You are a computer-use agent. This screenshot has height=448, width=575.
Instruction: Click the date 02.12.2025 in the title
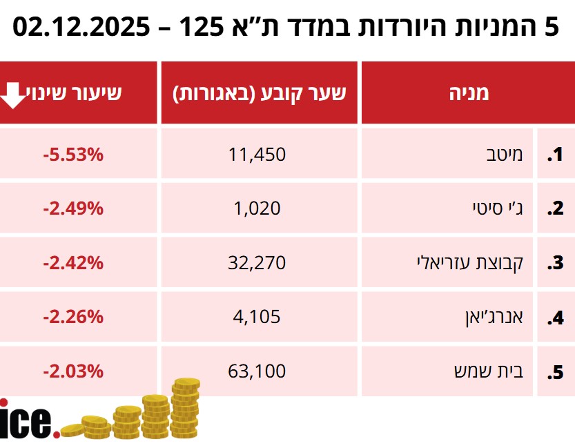[81, 28]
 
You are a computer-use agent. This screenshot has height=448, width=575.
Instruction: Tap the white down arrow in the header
[12, 95]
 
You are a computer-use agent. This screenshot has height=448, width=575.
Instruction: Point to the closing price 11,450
[257, 155]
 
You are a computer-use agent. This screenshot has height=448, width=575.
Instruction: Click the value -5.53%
[72, 155]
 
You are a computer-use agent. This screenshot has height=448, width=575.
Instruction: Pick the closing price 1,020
[257, 208]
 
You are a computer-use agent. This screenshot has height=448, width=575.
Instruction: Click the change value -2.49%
[72, 208]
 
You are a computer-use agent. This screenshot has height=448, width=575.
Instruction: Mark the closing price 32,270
[257, 263]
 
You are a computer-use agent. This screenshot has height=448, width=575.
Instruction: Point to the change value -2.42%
[72, 263]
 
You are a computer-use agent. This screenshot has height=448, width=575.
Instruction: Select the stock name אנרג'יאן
[491, 318]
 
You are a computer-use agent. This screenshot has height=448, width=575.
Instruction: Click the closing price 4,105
[257, 318]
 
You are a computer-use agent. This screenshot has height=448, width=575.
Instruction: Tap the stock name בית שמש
[495, 371]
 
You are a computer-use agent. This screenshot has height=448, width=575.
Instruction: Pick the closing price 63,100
[257, 371]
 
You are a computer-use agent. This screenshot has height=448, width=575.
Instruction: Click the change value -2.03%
[72, 371]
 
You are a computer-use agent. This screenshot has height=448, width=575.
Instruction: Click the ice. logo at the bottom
[28, 421]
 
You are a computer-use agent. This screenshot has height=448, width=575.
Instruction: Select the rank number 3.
[555, 263]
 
